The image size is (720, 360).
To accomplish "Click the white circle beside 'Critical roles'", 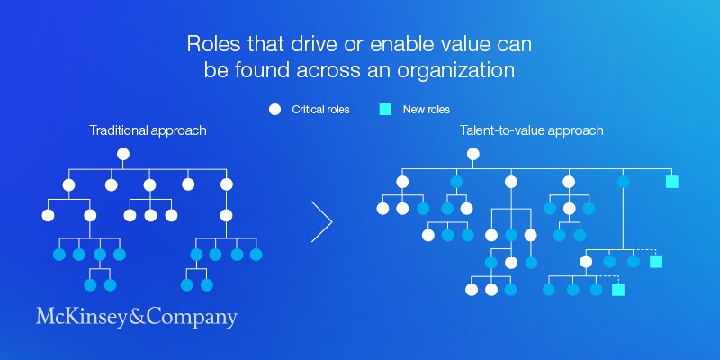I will tap(275, 110).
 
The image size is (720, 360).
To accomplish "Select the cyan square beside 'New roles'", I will tap(385, 110).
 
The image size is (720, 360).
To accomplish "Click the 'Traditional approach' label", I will tap(148, 130).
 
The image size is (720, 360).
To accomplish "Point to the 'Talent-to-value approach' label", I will tap(532, 130).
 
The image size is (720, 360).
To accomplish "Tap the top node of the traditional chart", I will tap(123, 154).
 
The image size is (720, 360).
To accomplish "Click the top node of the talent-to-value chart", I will tap(473, 154).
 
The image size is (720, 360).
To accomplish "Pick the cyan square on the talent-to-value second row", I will tap(671, 182).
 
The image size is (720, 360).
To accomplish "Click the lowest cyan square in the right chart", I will tap(618, 290).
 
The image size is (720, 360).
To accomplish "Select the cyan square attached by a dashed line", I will tap(656, 262).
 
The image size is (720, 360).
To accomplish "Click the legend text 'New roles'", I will tap(426, 110).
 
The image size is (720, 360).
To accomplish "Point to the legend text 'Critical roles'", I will tap(321, 110).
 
